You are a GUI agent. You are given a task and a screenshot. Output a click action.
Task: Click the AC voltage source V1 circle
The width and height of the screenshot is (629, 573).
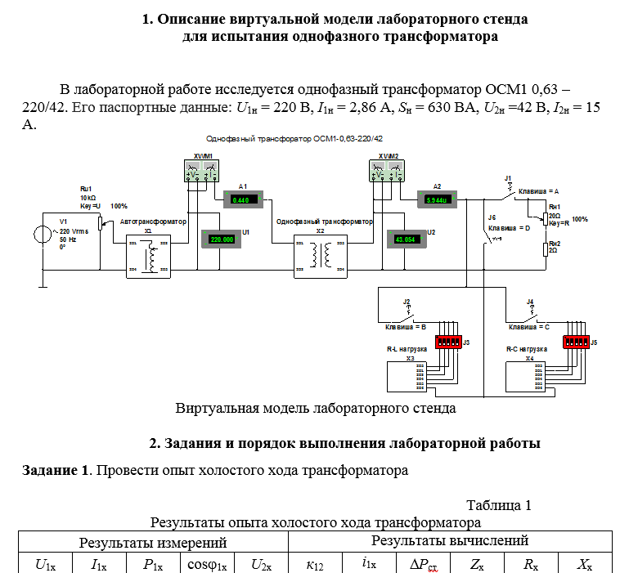pyautogui.click(x=40, y=236)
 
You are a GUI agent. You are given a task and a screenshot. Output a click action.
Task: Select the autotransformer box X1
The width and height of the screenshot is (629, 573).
pyautogui.click(x=148, y=257)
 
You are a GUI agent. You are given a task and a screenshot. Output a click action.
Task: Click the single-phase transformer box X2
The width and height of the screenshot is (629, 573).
pyautogui.click(x=321, y=257)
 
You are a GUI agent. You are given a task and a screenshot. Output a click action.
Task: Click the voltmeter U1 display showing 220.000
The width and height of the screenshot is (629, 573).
pyautogui.click(x=221, y=239)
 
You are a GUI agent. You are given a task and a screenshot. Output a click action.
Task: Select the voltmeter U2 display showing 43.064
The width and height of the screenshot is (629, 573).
pyautogui.click(x=406, y=239)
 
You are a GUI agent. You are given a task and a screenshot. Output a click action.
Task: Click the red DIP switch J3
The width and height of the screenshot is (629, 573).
pyautogui.click(x=447, y=341)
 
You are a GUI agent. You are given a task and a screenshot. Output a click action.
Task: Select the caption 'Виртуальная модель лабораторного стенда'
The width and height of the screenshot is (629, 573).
pyautogui.click(x=315, y=407)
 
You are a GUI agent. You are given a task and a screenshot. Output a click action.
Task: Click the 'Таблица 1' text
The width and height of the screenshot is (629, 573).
pyautogui.click(x=499, y=505)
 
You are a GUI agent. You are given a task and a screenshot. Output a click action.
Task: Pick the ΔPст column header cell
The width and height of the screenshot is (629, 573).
pyautogui.click(x=424, y=563)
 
